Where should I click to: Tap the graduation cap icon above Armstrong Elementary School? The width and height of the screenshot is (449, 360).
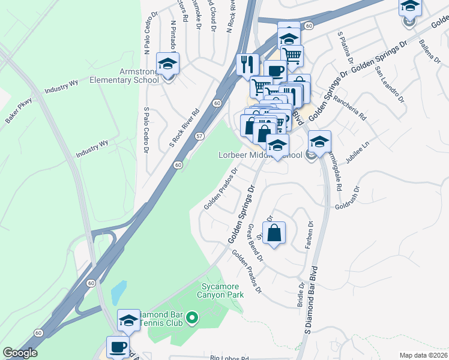click(168, 64)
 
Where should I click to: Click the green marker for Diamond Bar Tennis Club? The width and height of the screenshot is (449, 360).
click(192, 317)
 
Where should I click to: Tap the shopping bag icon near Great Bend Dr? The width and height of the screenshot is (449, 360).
click(274, 233)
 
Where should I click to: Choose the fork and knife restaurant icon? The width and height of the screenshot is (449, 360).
click(247, 63)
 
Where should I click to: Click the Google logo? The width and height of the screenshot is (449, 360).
click(20, 353)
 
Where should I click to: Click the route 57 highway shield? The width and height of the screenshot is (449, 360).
click(199, 136)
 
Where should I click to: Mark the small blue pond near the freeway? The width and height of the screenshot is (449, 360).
click(119, 293)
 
